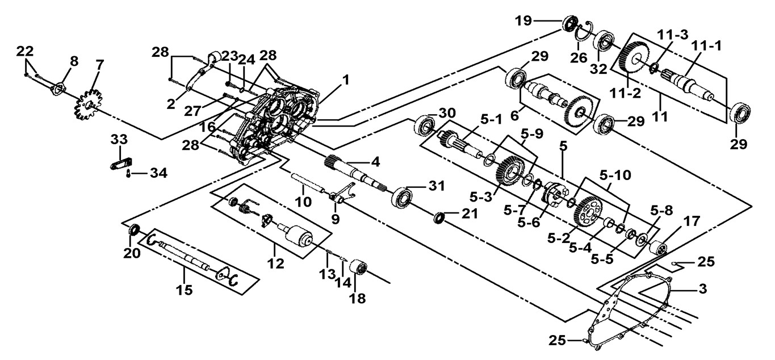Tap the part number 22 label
tap(24, 51)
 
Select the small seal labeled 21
tap(439, 218)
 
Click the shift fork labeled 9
tap(339, 195)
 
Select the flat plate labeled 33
tap(118, 165)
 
